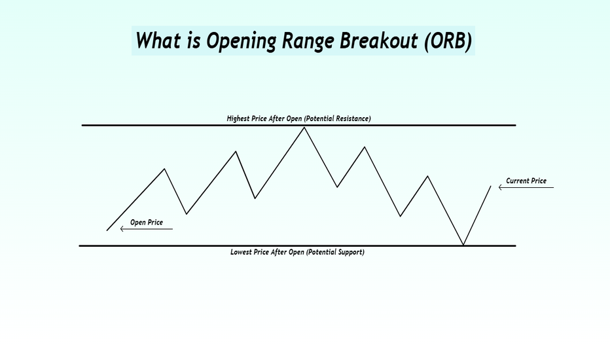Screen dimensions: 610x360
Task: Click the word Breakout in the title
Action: tap(378, 40)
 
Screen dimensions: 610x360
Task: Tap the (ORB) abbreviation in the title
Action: tap(448, 41)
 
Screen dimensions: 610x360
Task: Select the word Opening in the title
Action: tap(241, 41)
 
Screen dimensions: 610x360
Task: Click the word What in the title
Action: tap(158, 40)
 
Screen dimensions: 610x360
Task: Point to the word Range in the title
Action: tap(308, 41)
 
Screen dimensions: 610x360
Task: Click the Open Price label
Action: tap(146, 223)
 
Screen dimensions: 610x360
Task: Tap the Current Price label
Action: tap(526, 181)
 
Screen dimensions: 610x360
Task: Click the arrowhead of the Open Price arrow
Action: tap(121, 229)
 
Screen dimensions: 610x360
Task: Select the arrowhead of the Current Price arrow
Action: tap(499, 187)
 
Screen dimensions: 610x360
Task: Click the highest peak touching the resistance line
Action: tap(304, 127)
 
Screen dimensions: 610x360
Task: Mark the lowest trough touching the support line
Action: tap(463, 244)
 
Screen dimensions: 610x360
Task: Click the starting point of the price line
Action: tap(107, 230)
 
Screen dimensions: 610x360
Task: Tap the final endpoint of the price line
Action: tap(491, 186)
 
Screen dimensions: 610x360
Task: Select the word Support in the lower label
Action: tap(350, 252)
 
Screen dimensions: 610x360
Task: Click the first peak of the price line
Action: tap(164, 169)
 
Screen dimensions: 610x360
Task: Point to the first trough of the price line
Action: tap(187, 213)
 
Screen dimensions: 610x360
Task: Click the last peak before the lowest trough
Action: tap(428, 176)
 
